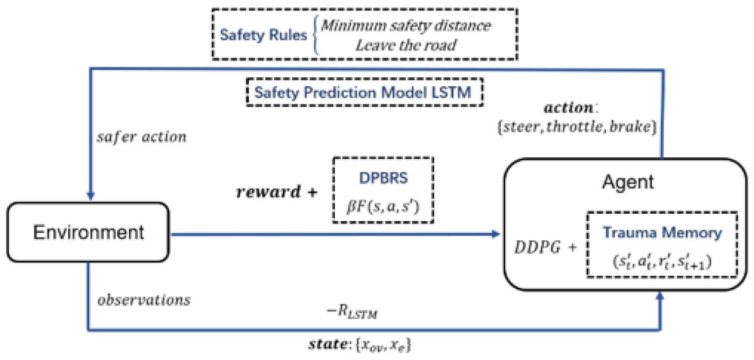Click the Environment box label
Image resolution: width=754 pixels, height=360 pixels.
pos(88,233)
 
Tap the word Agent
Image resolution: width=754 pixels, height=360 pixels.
pos(628,182)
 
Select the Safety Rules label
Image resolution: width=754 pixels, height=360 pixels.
pos(263,35)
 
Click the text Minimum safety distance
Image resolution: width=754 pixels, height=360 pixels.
pos(406,25)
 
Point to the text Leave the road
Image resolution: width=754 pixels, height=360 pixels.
pos(406,45)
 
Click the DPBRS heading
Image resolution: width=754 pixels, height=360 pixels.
pos(383,178)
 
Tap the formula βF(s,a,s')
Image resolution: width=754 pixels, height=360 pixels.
pos(383,206)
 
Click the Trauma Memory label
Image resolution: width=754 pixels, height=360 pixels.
pos(662,233)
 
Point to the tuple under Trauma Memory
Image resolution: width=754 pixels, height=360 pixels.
pos(662,261)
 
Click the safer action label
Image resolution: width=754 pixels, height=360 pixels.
pos(142,137)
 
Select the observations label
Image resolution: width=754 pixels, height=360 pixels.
pos(144,300)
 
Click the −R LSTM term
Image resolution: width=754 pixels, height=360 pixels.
pos(352,312)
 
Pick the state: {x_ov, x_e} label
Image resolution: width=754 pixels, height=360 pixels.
pos(359,344)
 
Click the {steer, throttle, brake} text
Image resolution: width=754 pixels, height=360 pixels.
pos(577,127)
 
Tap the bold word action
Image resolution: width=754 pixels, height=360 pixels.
pos(569,108)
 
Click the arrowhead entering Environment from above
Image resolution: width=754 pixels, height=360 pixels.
pos(90,196)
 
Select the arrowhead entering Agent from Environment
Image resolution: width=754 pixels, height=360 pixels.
pos(495,234)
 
